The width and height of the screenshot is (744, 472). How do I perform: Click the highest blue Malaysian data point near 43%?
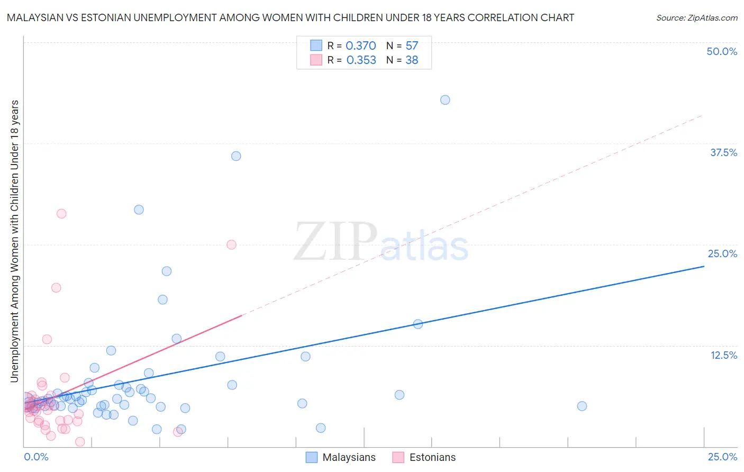click(x=445, y=100)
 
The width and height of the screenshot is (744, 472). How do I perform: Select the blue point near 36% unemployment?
click(x=236, y=156)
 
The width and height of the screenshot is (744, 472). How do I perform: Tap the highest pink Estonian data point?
click(x=61, y=214)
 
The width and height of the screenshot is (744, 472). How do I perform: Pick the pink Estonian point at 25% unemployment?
click(x=231, y=244)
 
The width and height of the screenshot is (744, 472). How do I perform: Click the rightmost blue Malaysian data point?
click(x=582, y=406)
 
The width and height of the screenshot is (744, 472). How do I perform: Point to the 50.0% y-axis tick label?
click(x=722, y=51)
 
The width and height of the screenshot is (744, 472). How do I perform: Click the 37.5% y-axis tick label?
click(x=723, y=152)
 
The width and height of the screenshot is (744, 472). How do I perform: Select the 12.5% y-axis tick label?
click(x=723, y=355)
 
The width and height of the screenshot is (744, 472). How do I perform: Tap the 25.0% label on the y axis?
click(x=722, y=253)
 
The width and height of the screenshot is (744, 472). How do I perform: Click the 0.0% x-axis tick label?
click(x=36, y=457)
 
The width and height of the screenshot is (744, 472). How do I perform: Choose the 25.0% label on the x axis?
click(x=722, y=457)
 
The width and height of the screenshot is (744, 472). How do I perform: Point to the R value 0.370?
click(x=361, y=46)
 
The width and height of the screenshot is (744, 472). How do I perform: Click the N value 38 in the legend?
click(x=412, y=60)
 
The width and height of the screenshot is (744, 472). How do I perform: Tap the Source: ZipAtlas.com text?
click(x=696, y=18)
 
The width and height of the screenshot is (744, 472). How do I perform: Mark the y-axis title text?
click(x=15, y=241)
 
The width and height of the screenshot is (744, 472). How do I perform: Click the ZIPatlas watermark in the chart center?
click(x=381, y=243)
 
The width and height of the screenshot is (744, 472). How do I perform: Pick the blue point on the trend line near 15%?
click(x=418, y=324)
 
